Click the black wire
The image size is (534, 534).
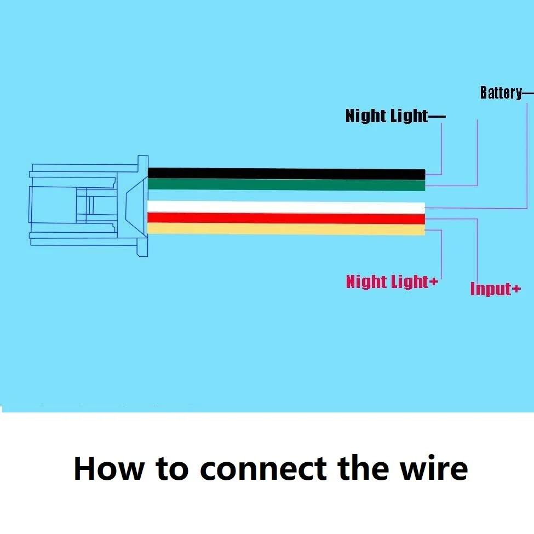[286, 174]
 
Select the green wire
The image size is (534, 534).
[286, 185]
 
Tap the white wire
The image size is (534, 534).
[286, 207]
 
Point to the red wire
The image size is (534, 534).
[286, 218]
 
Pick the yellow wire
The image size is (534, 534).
[286, 229]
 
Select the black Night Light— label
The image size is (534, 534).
[395, 116]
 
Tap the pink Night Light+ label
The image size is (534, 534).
[392, 282]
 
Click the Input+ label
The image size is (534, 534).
[496, 289]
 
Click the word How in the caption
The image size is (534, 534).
[109, 469]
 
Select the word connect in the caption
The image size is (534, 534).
[263, 469]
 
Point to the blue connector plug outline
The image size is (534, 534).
[89, 206]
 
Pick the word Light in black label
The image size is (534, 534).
[409, 116]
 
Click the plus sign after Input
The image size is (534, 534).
[516, 289]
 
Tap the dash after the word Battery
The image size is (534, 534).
[528, 93]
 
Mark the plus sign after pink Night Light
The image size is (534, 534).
[433, 282]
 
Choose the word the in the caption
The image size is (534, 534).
[363, 468]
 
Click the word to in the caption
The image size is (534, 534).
[172, 469]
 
